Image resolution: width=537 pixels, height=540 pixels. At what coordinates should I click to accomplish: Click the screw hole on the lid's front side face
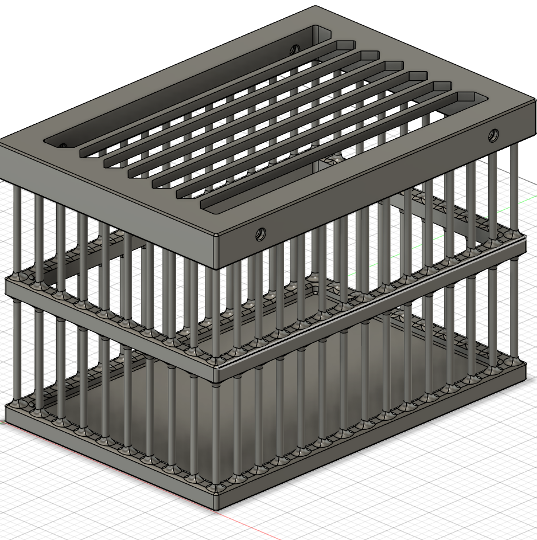pos(260,234)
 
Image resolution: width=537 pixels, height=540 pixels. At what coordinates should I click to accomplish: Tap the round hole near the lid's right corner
pos(492,135)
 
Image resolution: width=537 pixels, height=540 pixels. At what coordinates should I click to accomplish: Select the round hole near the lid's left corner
pos(62,146)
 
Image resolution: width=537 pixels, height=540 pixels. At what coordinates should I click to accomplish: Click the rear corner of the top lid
pos(316,7)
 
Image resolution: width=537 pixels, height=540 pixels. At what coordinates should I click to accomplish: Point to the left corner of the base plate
pos(7,409)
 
